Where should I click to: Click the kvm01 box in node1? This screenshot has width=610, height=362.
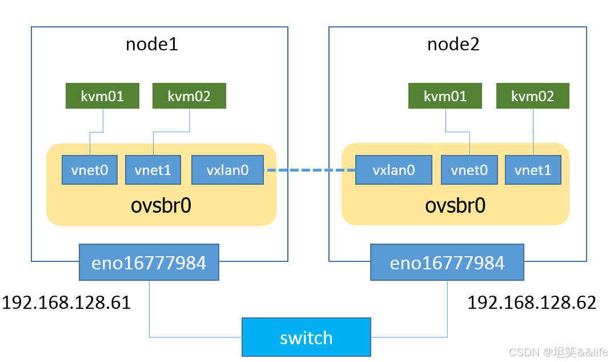pos(103,96)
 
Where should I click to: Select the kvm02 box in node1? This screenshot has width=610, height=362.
pos(189,96)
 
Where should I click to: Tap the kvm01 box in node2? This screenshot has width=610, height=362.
pos(445,96)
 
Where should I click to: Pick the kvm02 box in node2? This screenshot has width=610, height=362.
pos(533,96)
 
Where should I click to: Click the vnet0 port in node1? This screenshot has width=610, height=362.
pos(90,170)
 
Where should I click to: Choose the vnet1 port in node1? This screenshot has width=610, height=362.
pos(153,170)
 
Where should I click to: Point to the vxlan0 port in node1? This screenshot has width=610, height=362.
pos(228,170)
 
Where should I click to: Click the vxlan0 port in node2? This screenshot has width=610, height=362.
pos(394,170)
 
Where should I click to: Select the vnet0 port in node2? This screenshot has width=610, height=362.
pos(469,170)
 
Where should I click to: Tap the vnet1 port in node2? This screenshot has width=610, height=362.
pos(533,170)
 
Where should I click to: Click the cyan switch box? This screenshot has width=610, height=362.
pos(306,337)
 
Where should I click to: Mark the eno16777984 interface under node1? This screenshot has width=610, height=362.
pos(149,262)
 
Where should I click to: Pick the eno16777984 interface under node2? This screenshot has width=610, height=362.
pos(447,262)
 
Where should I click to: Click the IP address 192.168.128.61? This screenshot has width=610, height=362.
pos(66,303)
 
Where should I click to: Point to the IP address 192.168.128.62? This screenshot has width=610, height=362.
pos(532,303)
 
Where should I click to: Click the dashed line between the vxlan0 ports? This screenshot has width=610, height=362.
pos(310,170)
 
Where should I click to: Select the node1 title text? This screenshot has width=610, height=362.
pos(152,44)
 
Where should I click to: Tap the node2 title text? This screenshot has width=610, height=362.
pos(454,44)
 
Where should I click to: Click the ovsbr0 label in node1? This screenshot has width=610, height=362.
pos(161,205)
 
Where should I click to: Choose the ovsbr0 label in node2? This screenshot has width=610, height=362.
pos(455,205)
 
